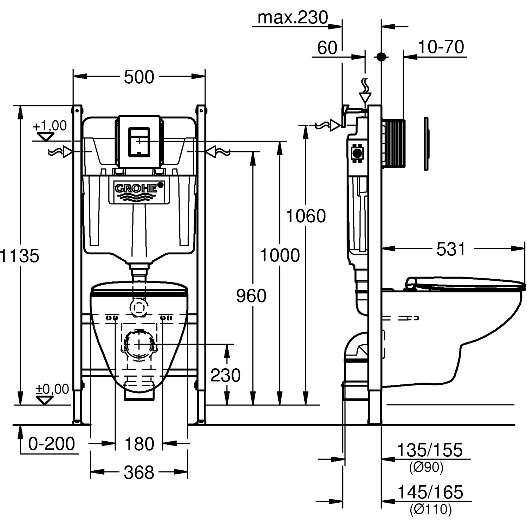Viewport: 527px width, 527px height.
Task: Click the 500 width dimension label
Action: pyautogui.click(x=139, y=77)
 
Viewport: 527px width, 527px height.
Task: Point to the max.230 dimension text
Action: pyautogui.click(x=293, y=18)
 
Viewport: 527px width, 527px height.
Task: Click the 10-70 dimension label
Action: pyautogui.click(x=441, y=47)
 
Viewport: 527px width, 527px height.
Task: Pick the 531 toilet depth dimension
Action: pyautogui.click(x=451, y=249)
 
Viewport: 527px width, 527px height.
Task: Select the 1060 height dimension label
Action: pyautogui.click(x=306, y=216)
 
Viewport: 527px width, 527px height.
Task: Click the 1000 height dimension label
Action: pyautogui.click(x=280, y=255)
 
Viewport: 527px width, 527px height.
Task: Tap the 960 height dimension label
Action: pyautogui.click(x=251, y=296)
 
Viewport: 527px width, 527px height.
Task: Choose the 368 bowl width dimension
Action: pyautogui.click(x=139, y=473)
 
